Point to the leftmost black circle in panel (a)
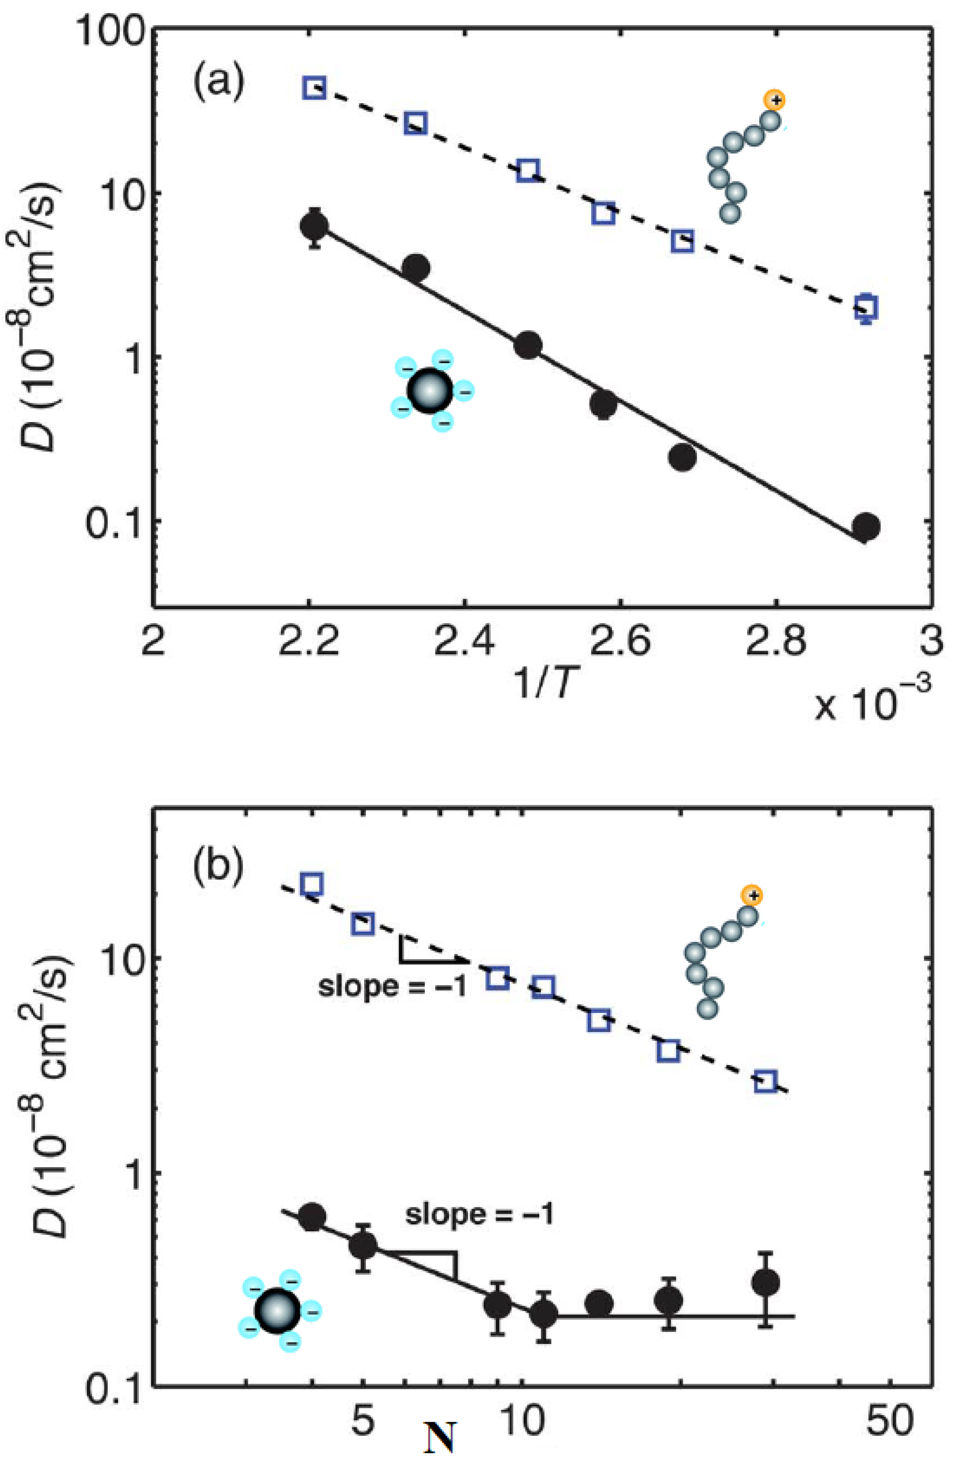[314, 227]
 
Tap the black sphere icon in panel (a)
[431, 391]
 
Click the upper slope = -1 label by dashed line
[391, 986]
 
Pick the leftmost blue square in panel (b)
[312, 885]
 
